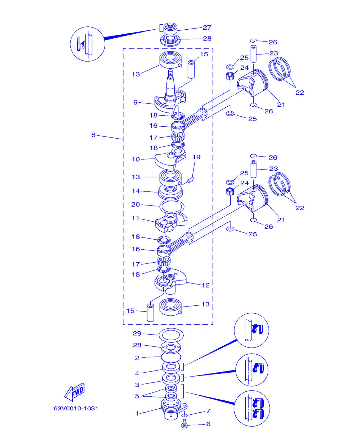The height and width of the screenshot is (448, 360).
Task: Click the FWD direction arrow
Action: (x=74, y=392)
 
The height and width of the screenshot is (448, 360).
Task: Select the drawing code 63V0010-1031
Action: (x=76, y=408)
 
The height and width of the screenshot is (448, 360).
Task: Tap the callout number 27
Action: (x=207, y=28)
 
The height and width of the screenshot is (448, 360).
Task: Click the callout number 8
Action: (x=93, y=135)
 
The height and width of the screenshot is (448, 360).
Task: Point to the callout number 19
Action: (x=196, y=157)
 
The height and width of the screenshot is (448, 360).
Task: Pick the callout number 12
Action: (x=205, y=285)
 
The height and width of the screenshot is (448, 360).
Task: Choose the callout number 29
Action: (x=137, y=333)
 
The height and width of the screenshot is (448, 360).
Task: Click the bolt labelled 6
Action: (x=184, y=424)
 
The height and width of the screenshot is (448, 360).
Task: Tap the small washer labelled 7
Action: (x=184, y=415)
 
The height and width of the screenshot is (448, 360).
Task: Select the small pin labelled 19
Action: (x=191, y=180)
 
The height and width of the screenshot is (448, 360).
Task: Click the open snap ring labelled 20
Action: (x=172, y=207)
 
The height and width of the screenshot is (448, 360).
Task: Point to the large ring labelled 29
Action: (x=171, y=335)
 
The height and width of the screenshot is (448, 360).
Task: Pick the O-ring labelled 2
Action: (x=171, y=357)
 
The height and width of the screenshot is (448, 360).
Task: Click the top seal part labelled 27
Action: (x=170, y=28)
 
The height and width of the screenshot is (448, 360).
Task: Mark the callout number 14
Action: (x=136, y=191)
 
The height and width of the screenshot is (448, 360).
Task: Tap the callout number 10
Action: (x=136, y=159)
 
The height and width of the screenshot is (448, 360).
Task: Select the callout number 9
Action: (x=136, y=102)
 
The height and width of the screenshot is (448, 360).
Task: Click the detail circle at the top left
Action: (x=88, y=44)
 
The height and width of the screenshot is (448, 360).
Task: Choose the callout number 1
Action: (x=137, y=413)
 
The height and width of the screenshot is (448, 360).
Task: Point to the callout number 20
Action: (x=136, y=204)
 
